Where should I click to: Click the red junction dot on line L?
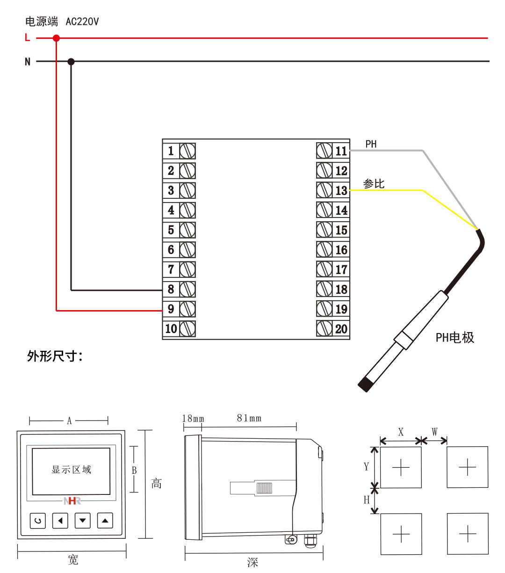(x=56, y=38)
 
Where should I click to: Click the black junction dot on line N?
(x=71, y=61)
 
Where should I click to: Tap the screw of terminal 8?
(x=188, y=289)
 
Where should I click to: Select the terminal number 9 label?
(x=171, y=309)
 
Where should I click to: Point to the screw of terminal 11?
(x=324, y=151)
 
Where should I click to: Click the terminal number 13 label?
(x=341, y=190)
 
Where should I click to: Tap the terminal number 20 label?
(x=341, y=329)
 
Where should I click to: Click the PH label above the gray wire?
(x=371, y=144)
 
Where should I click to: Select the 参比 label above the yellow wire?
(x=374, y=184)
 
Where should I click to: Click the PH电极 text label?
(x=454, y=337)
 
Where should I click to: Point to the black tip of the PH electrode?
(x=365, y=384)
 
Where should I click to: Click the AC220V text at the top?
(x=82, y=22)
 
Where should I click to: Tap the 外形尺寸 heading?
(x=54, y=356)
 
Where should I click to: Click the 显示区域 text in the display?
(x=71, y=470)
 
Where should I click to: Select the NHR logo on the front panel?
(x=72, y=501)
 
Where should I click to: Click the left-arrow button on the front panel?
(x=60, y=520)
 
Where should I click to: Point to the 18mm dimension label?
(x=193, y=418)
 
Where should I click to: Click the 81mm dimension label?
(x=249, y=418)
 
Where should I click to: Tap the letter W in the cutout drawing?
(x=434, y=431)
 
